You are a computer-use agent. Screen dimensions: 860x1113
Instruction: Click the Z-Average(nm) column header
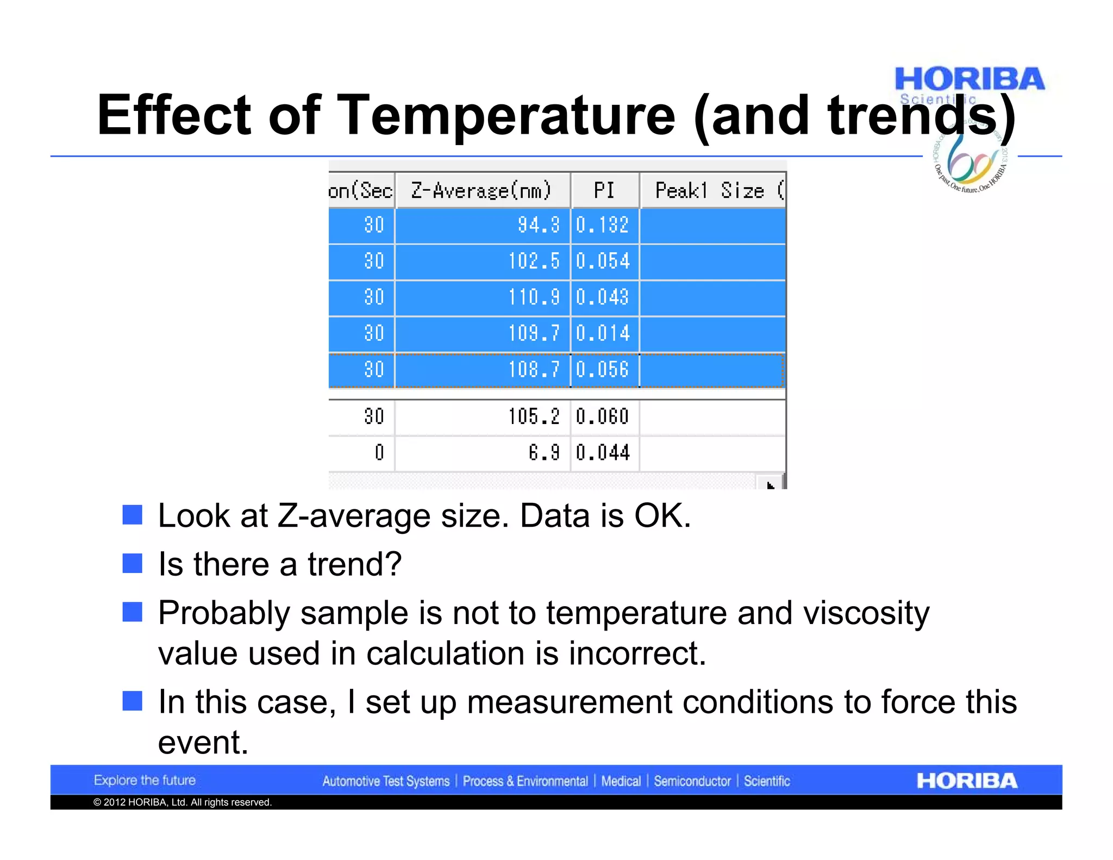click(x=482, y=191)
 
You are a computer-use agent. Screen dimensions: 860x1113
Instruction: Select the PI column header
click(x=604, y=191)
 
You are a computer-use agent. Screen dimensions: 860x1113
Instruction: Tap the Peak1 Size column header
click(x=712, y=191)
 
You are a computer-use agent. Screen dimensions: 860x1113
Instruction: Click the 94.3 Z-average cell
click(x=538, y=225)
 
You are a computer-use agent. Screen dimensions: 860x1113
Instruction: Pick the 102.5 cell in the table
click(x=534, y=261)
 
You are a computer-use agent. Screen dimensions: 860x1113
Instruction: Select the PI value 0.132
click(x=602, y=225)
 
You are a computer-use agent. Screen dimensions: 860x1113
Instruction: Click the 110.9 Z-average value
click(x=534, y=297)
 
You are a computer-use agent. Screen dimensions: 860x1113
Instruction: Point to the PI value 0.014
click(x=602, y=333)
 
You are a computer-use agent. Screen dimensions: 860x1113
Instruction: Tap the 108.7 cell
click(x=534, y=370)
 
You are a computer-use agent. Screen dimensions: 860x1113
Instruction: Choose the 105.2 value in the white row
click(x=534, y=417)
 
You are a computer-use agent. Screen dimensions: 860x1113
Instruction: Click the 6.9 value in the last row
click(x=543, y=453)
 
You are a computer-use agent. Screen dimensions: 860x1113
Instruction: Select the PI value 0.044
click(x=602, y=453)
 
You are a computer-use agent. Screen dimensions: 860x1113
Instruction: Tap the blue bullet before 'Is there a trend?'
click(x=132, y=563)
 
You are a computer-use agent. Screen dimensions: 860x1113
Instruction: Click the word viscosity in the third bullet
click(x=866, y=613)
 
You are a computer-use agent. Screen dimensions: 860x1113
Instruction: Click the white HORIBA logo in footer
click(x=966, y=781)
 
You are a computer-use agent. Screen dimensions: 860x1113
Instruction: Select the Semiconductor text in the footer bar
click(x=692, y=781)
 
